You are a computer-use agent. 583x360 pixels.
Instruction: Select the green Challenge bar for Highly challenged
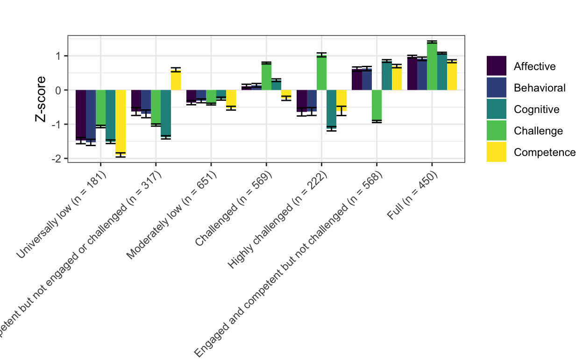(321, 73)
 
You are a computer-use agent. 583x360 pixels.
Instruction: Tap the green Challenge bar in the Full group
(432, 66)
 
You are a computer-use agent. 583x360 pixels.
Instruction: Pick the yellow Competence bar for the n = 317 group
(176, 80)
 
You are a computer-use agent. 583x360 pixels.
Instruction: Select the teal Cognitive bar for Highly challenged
(331, 108)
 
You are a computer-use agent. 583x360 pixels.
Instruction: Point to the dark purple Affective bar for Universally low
(80, 115)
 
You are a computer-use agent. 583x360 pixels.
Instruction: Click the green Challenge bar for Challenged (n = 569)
(266, 76)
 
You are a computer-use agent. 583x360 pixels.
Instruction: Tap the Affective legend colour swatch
(497, 66)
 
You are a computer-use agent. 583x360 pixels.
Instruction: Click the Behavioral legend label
(540, 88)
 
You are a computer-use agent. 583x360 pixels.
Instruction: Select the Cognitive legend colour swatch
(497, 109)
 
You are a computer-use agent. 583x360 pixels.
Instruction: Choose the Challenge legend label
(538, 131)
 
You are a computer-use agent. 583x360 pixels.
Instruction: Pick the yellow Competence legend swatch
(497, 152)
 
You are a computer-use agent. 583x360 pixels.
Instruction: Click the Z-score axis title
(41, 99)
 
